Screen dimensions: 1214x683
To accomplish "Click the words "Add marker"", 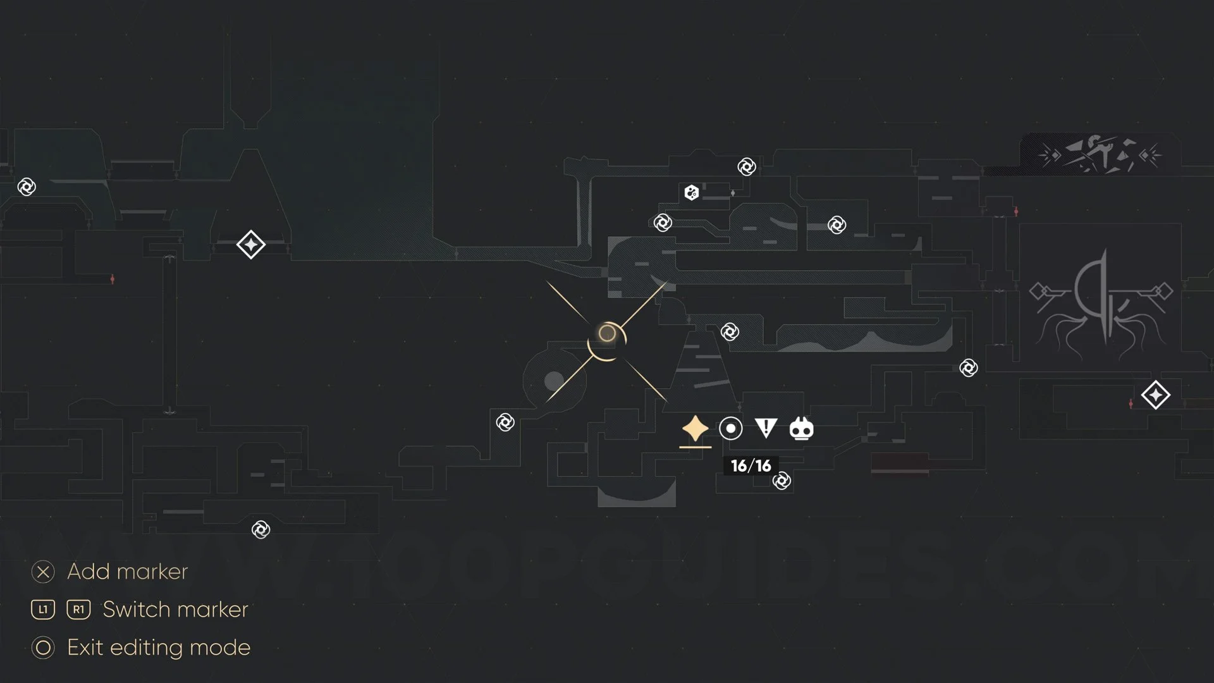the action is tap(127, 572).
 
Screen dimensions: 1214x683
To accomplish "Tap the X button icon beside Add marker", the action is tap(43, 572).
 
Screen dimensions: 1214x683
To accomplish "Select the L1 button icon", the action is tap(43, 610).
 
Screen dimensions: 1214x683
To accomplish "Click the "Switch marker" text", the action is tap(175, 610).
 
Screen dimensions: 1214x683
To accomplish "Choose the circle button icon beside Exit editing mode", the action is tap(43, 648).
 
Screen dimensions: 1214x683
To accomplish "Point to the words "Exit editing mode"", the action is tap(159, 648).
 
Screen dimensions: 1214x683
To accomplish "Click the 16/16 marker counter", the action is tap(751, 466).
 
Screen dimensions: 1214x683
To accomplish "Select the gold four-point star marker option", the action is tap(695, 429).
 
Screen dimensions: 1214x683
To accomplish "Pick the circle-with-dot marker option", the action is tap(730, 429).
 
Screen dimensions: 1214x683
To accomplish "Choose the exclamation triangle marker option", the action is tap(766, 428).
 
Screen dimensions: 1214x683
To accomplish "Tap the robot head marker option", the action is tap(801, 429).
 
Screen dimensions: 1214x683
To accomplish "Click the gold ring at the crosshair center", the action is tap(607, 333).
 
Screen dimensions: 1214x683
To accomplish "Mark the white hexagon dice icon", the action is tap(691, 192).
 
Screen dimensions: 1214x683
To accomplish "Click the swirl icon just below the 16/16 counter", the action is tap(782, 481).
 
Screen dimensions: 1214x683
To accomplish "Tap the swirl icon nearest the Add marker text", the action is tap(261, 530).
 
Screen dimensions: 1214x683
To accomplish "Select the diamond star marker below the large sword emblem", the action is tap(1155, 395).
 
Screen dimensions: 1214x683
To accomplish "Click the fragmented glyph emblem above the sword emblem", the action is tap(1100, 154).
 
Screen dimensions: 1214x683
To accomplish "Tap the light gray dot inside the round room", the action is tap(554, 381).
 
